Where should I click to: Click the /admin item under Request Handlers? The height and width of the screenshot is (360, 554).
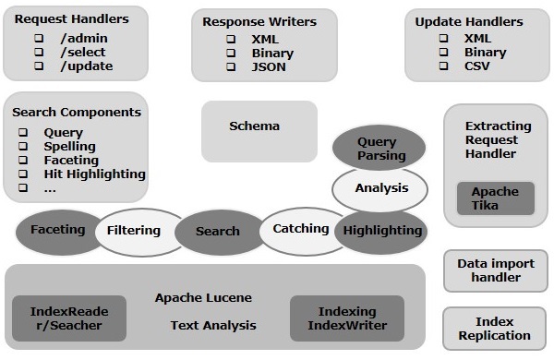tap(84, 38)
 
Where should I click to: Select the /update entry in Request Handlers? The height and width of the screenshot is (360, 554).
tap(87, 66)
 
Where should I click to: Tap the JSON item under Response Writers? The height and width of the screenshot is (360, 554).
tap(269, 66)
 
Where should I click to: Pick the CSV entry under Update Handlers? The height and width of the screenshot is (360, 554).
tap(477, 66)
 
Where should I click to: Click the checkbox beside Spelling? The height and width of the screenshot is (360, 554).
tap(23, 146)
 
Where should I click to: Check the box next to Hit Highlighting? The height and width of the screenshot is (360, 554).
tap(23, 174)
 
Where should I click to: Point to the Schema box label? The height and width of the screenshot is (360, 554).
tap(255, 126)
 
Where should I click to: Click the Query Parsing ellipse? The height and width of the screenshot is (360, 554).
tap(379, 148)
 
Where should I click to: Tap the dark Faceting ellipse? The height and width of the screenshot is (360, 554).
tap(58, 232)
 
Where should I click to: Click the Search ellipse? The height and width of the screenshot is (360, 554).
tap(218, 232)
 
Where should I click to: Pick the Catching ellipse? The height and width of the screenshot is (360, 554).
tap(301, 231)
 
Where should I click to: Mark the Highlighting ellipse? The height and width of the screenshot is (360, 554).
tap(380, 232)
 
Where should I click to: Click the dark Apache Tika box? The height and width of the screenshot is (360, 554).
tap(496, 198)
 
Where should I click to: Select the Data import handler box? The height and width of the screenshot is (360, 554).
tap(496, 270)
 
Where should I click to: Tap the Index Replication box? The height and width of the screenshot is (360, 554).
tap(494, 329)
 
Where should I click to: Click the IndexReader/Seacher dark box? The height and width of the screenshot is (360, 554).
tap(69, 318)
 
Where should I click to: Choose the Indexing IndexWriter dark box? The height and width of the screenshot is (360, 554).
tap(347, 318)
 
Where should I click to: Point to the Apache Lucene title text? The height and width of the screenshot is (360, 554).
tap(203, 298)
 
